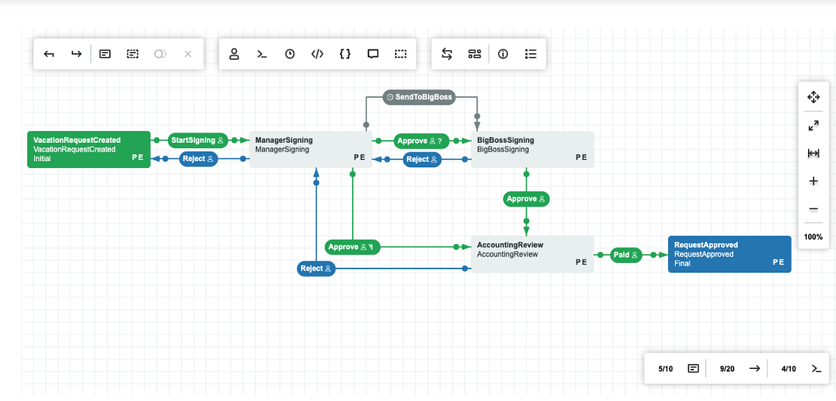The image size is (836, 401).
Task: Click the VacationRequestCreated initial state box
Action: (88, 149)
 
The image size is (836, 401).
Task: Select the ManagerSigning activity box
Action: (310, 149)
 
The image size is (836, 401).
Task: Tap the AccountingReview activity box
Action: (533, 254)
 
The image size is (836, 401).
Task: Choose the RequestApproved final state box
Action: (729, 254)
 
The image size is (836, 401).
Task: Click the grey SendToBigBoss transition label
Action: (419, 97)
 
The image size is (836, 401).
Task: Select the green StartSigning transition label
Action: (198, 140)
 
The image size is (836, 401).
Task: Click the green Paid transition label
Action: (626, 255)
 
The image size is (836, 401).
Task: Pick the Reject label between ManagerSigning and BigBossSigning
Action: (422, 160)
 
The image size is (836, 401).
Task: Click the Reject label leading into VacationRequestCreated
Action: (199, 159)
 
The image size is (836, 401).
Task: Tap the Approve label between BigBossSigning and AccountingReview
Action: (526, 199)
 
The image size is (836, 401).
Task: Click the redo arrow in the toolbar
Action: (76, 54)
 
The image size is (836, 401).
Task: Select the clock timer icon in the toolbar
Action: (290, 54)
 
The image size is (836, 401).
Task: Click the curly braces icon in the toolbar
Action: (345, 54)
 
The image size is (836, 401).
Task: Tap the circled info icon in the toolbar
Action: (502, 54)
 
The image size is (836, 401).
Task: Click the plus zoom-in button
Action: (813, 181)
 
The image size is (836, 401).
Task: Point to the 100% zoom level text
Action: (813, 237)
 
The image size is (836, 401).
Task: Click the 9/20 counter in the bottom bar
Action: (727, 368)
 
